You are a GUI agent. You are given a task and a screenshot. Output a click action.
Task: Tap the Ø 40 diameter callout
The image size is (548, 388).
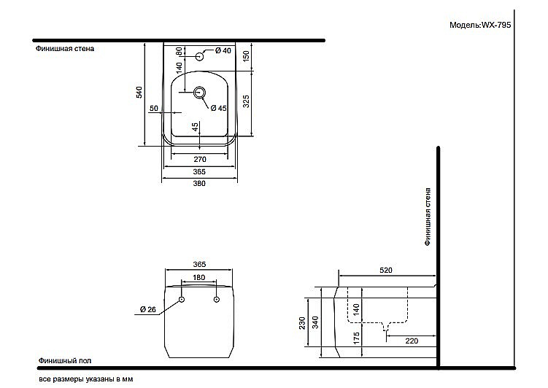point(223,50)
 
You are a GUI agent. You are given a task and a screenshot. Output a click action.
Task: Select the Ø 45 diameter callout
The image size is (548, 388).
point(218,108)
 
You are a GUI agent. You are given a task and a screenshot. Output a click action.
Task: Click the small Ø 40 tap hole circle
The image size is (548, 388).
point(199,56)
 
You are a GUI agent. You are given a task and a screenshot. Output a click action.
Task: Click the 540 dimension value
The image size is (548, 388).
point(139,92)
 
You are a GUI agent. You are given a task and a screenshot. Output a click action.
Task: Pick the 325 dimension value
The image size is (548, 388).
point(246,101)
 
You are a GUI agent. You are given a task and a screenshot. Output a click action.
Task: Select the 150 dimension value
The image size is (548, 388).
point(246,56)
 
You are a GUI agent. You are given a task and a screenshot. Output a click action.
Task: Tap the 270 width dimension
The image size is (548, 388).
point(200,159)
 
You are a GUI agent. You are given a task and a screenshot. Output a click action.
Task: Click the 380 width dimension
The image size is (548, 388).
point(199,183)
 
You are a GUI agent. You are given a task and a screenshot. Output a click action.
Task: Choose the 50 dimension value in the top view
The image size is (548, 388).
point(154,108)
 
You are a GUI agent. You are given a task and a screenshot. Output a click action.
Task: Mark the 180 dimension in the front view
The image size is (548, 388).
point(199,277)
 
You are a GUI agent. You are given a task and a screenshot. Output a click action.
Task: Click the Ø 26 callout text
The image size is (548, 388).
point(148,309)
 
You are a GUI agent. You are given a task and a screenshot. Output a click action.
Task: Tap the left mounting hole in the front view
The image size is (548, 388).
point(182,299)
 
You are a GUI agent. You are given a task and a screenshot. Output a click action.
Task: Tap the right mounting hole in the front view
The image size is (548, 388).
point(217,299)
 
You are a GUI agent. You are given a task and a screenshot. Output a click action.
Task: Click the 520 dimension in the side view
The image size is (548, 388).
point(386,270)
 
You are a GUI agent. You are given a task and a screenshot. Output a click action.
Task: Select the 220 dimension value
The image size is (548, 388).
point(412,341)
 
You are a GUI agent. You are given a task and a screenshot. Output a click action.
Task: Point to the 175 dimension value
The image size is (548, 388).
point(356,338)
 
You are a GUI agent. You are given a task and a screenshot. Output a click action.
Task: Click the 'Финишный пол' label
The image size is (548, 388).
point(65,360)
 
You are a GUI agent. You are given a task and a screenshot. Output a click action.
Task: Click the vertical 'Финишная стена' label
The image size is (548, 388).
point(428,217)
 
